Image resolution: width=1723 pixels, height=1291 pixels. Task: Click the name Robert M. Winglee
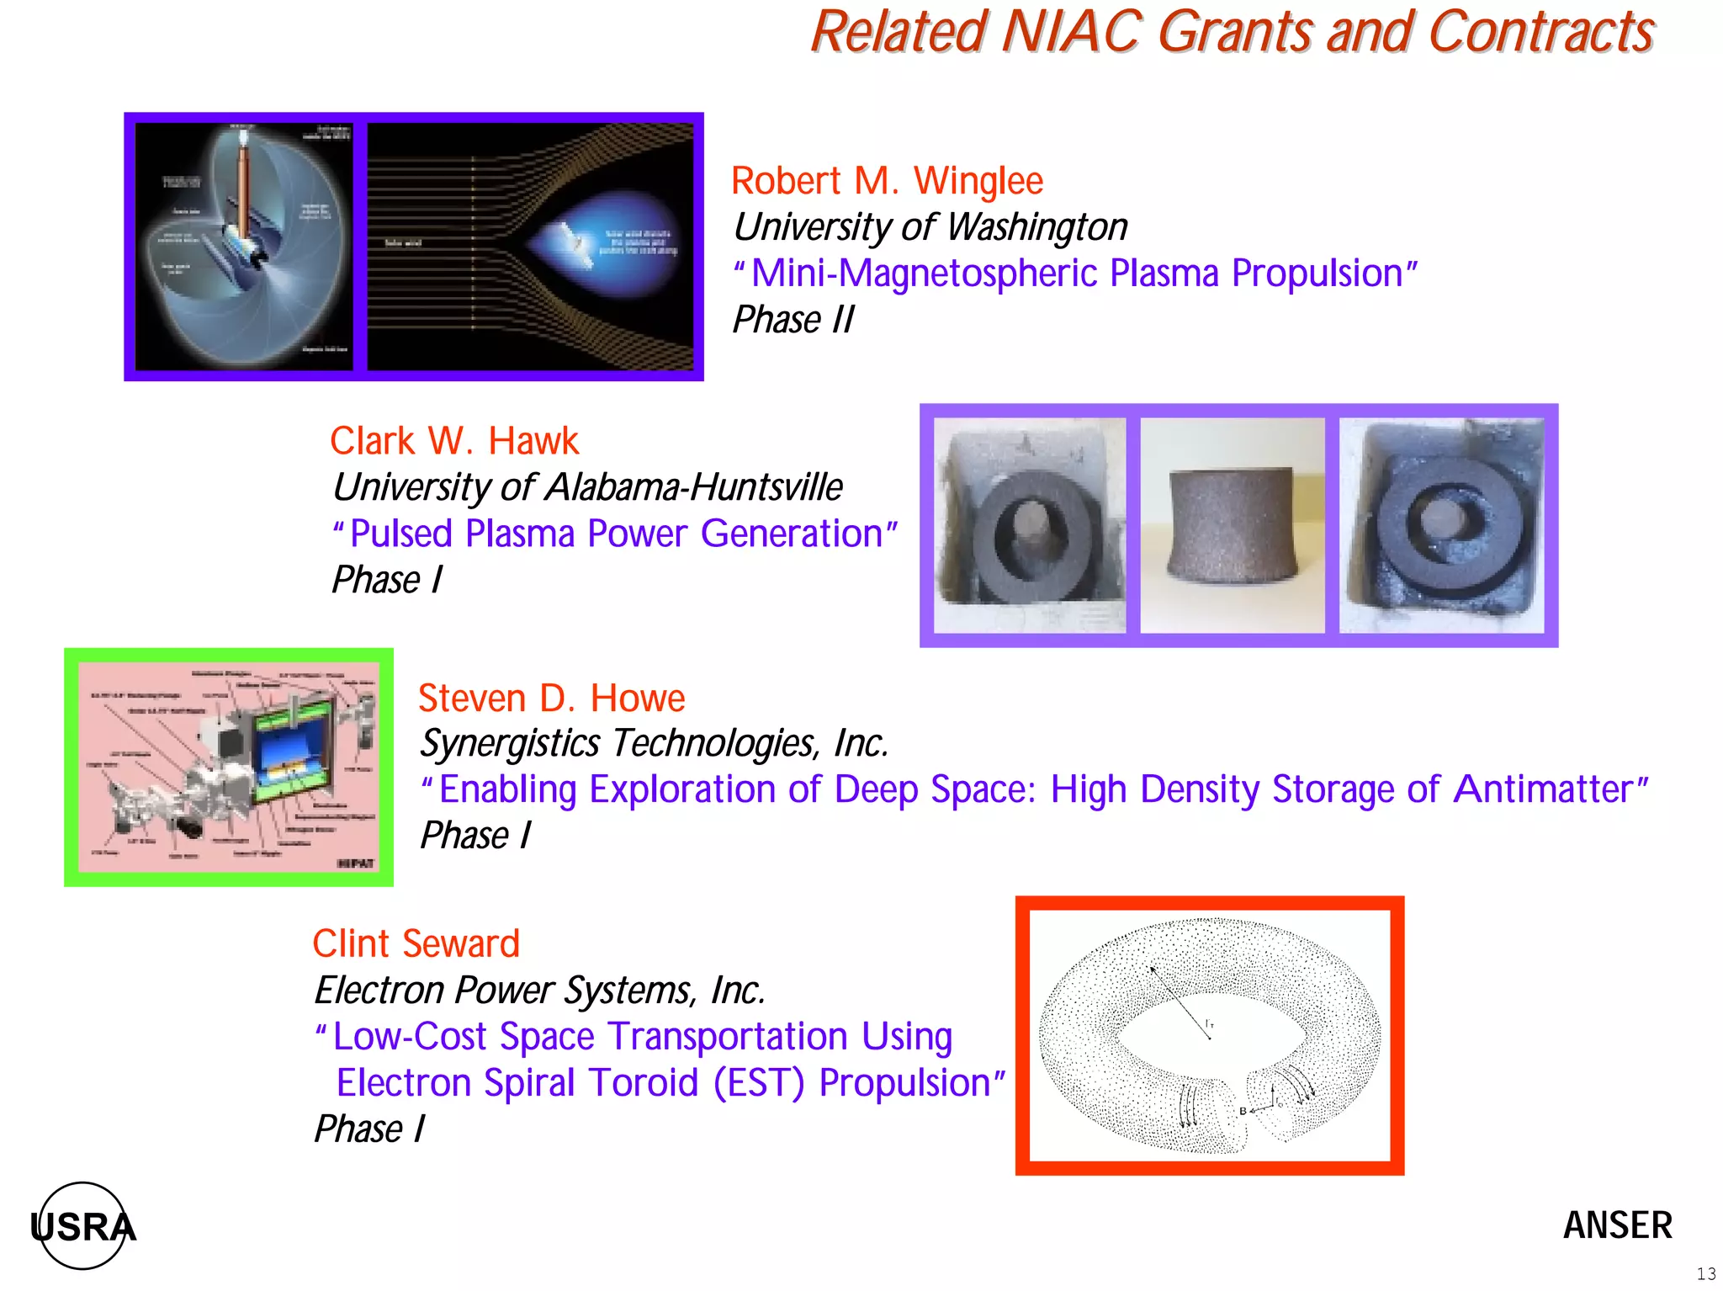[887, 181]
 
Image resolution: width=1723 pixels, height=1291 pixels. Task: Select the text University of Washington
[930, 227]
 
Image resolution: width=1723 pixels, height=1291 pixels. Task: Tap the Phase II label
[793, 320]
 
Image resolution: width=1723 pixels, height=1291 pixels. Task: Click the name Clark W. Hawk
[453, 441]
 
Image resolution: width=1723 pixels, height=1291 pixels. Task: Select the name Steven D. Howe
[551, 699]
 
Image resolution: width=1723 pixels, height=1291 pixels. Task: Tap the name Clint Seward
[416, 944]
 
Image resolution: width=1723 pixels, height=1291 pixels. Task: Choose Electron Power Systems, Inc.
[539, 991]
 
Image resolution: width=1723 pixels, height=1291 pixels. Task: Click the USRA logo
[82, 1226]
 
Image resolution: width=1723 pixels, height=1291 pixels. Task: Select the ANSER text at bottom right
[1617, 1225]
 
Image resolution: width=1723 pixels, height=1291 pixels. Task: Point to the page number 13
[1705, 1274]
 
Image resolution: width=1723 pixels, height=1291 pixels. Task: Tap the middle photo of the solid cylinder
[1232, 524]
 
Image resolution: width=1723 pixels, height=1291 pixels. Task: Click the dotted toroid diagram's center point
[1210, 1038]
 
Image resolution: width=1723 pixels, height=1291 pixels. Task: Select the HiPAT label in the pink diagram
[355, 863]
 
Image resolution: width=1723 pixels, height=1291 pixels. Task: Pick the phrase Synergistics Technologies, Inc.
[654, 744]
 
